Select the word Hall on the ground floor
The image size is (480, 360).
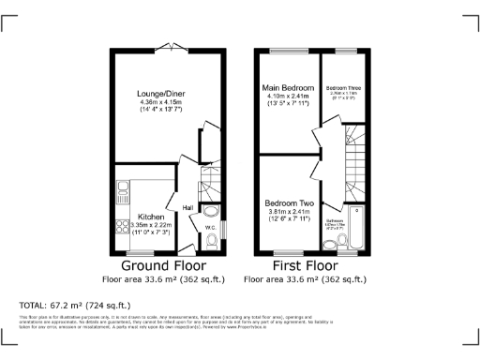[x=187, y=207]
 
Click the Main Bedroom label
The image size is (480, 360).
[x=287, y=87]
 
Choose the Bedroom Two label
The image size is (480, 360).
[x=287, y=202]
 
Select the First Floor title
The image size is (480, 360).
[x=304, y=265]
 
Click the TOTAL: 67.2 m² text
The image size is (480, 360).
[x=75, y=305]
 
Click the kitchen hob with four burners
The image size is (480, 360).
[x=121, y=227]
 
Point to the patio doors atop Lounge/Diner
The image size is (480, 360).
[x=171, y=46]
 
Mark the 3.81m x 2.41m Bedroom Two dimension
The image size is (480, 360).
[x=287, y=212]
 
